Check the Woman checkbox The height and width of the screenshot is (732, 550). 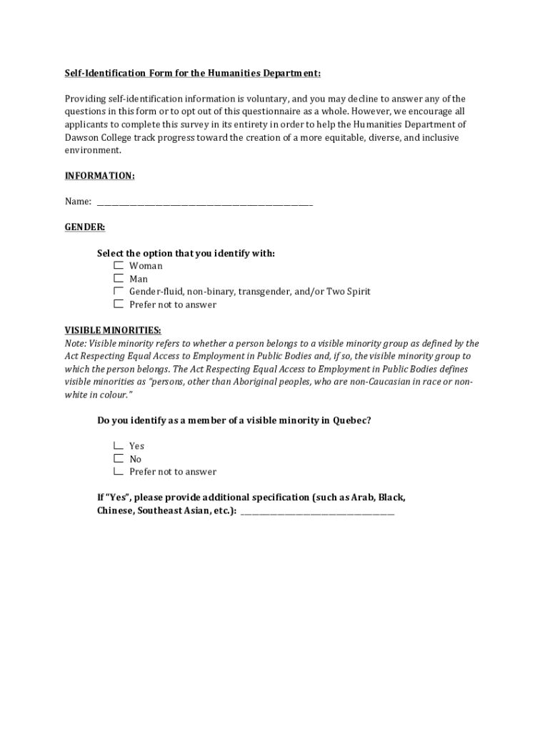(118, 265)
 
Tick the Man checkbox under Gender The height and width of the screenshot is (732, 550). (118, 278)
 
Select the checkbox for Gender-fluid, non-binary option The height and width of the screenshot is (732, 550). (118, 291)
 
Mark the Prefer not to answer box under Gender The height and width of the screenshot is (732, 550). (118, 304)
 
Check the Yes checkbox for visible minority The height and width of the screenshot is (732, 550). (118, 445)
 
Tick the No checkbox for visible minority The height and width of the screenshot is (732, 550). (118, 458)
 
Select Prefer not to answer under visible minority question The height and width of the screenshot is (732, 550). (118, 471)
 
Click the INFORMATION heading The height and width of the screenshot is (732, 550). (99, 176)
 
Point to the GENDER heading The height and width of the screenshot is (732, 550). (85, 227)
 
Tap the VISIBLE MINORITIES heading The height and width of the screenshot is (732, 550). (113, 330)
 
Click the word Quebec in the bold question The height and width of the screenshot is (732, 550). (351, 420)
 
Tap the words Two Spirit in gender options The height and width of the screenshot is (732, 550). (349, 292)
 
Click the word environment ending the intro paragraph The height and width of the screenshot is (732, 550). (92, 150)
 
